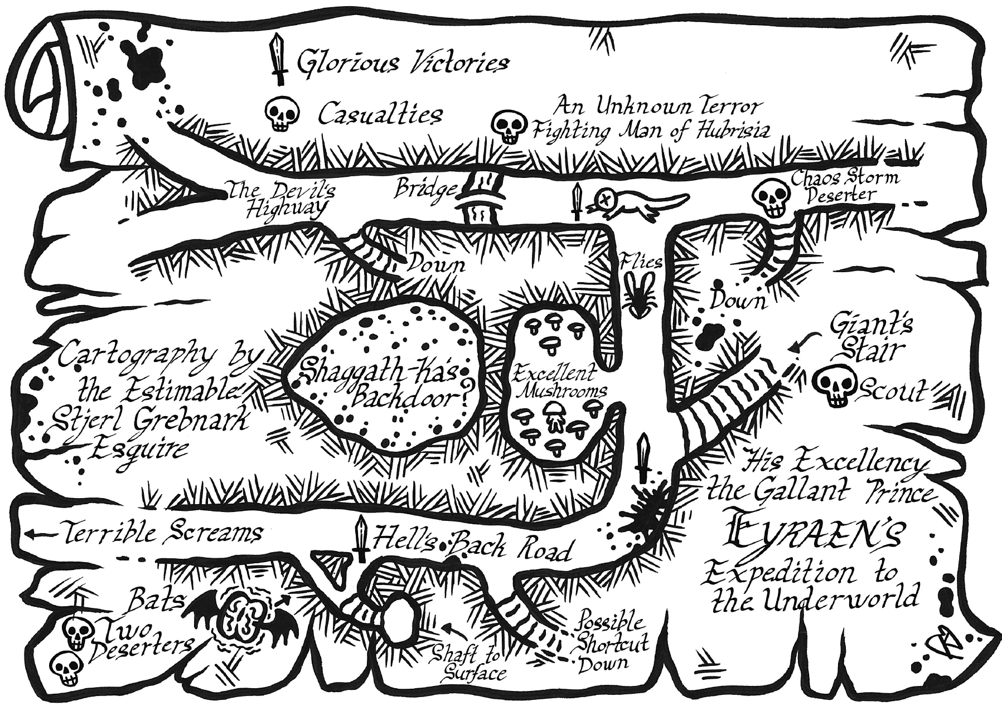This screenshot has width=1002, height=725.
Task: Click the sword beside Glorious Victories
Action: (277, 60)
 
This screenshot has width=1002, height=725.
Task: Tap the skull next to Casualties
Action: (281, 114)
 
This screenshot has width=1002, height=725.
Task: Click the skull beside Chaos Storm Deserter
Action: (772, 198)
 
